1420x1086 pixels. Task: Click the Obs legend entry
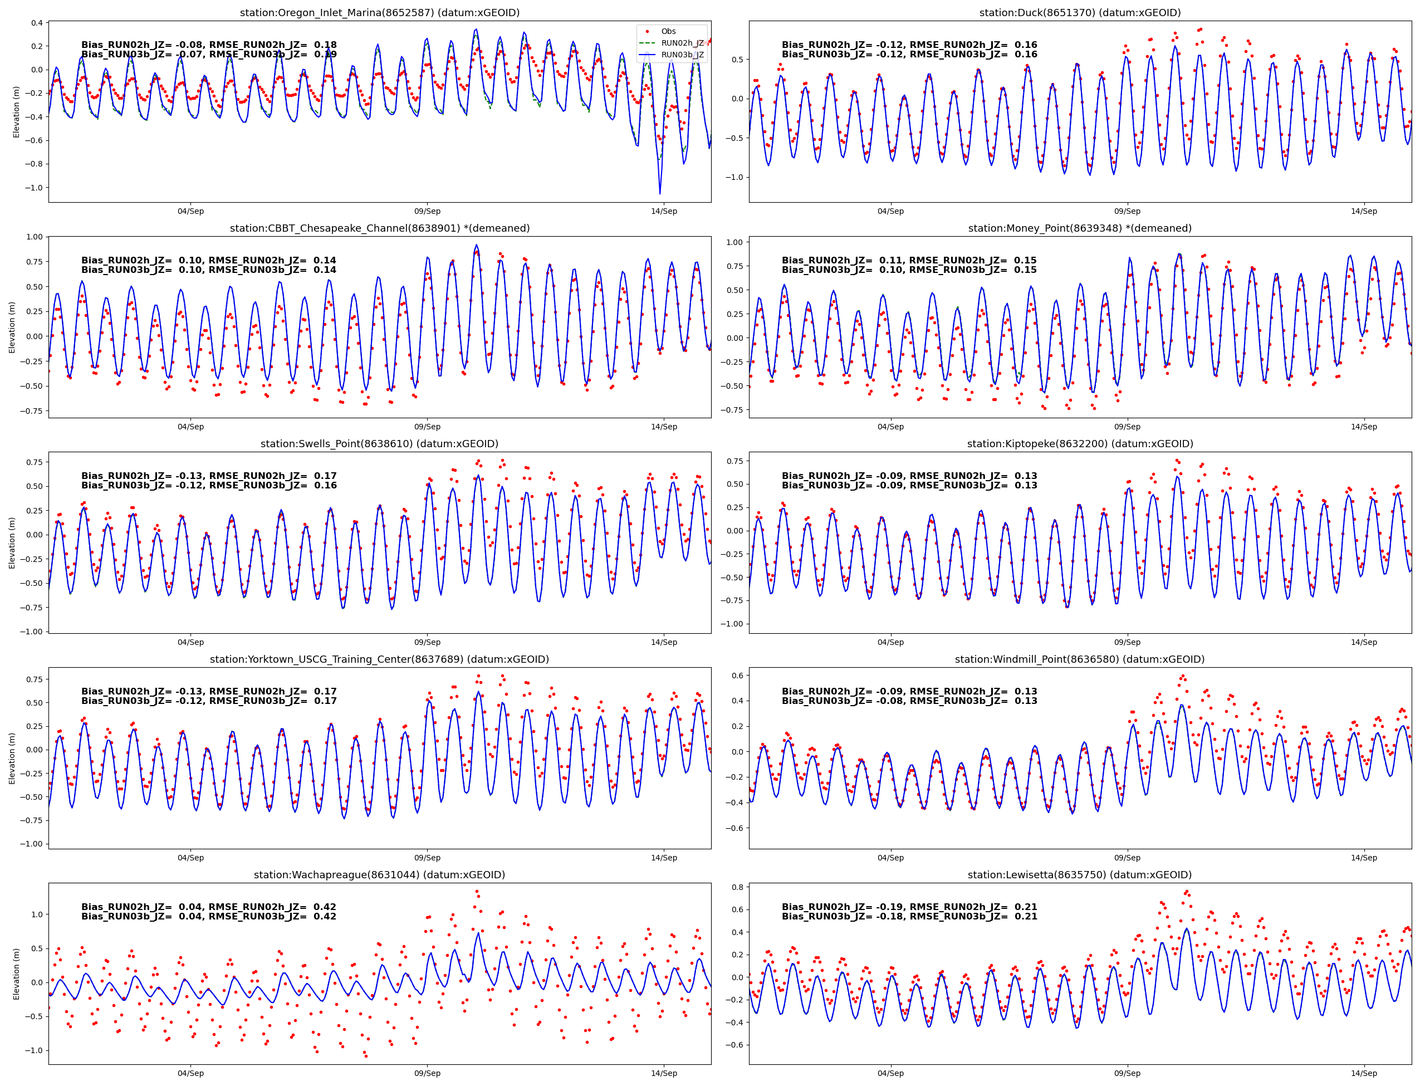point(668,31)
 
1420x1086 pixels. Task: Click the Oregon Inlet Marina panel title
point(379,12)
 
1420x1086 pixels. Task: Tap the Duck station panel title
point(1079,12)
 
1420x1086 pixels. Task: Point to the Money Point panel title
point(1079,228)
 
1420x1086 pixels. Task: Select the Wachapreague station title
point(379,874)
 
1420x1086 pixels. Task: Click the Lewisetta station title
point(1079,874)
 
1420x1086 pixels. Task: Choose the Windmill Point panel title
point(1079,659)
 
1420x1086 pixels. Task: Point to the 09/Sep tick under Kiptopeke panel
point(1127,642)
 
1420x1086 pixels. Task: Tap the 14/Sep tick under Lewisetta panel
point(1364,1073)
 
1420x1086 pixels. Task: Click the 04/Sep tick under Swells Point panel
point(190,642)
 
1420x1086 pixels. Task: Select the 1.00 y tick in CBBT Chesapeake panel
point(33,237)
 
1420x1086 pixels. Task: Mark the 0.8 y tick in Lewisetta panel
point(737,887)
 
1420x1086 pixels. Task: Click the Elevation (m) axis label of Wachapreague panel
point(16,974)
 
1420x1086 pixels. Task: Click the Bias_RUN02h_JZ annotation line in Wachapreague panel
point(208,906)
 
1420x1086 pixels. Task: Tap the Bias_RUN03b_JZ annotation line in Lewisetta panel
point(909,916)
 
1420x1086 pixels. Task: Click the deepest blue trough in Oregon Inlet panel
point(660,193)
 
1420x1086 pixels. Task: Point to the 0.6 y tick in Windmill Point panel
point(737,675)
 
